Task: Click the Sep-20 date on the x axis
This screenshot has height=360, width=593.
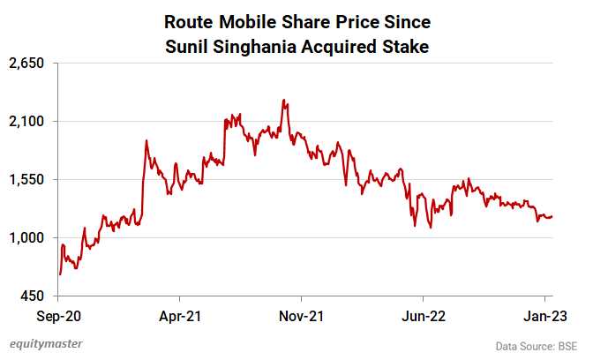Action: pyautogui.click(x=59, y=314)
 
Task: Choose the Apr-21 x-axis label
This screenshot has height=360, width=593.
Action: pyautogui.click(x=181, y=314)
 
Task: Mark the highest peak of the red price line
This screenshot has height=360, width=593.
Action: pyautogui.click(x=284, y=100)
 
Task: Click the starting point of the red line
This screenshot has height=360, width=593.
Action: pyautogui.click(x=59, y=274)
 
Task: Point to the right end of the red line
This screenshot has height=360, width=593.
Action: pyautogui.click(x=552, y=216)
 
